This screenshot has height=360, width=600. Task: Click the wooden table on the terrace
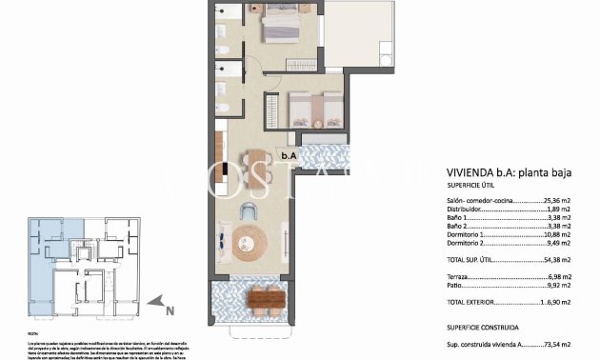pos(266,300)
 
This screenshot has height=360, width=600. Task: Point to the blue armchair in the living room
pos(250,210)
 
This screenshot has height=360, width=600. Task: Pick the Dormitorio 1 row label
pos(470,234)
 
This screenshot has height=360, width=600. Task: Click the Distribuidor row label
pos(468,210)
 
